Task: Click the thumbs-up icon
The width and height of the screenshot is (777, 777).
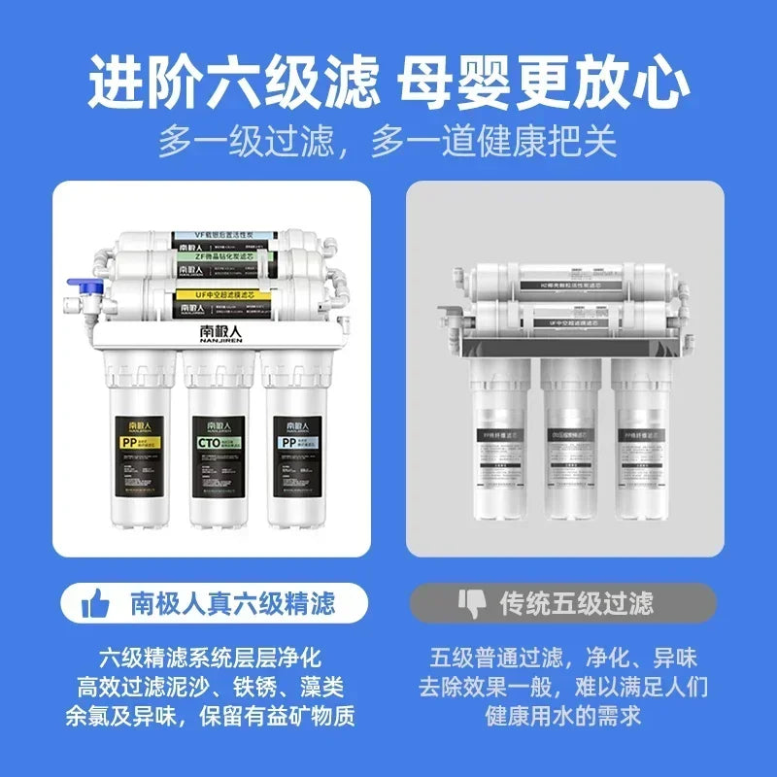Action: click(95, 604)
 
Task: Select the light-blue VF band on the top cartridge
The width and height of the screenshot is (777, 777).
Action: click(223, 235)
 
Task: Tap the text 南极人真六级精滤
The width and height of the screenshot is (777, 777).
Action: click(233, 604)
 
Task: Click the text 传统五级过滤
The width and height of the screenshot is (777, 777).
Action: click(576, 604)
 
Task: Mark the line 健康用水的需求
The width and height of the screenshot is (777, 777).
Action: click(565, 718)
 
